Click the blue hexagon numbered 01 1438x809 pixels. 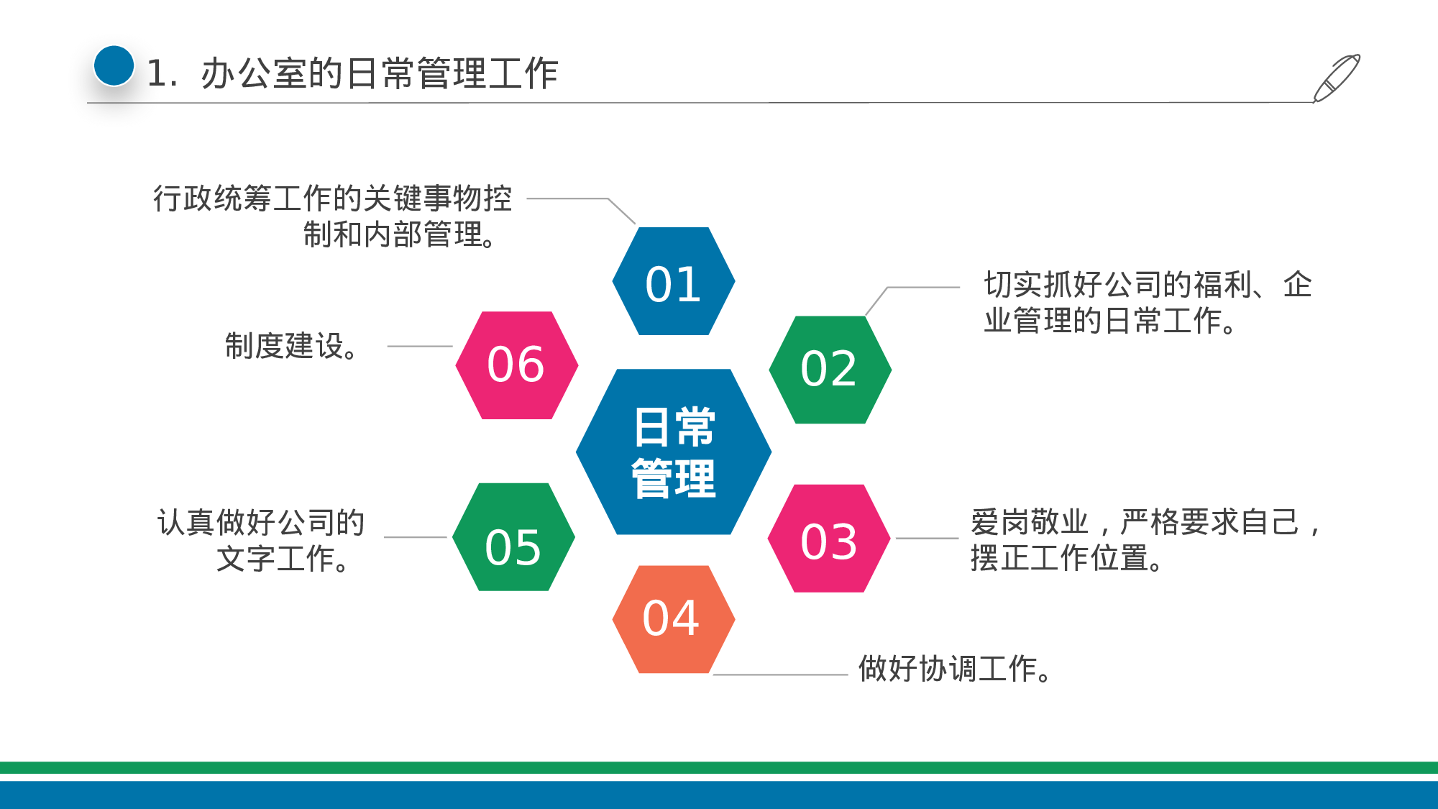tap(673, 282)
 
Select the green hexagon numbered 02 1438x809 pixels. tap(830, 370)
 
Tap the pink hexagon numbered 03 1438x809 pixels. tap(828, 539)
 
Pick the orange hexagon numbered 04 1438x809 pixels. tap(673, 619)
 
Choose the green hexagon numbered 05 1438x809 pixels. tap(513, 538)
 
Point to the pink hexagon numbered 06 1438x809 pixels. tap(516, 365)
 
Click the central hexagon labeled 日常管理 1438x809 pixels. tap(674, 452)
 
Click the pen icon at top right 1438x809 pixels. tap(1337, 78)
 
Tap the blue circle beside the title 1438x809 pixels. tap(114, 65)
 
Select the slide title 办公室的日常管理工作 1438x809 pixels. tap(379, 73)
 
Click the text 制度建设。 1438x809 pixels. tap(291, 346)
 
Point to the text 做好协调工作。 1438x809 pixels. tap(955, 669)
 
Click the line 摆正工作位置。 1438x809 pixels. tap(1066, 558)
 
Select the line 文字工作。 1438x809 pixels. tap(283, 559)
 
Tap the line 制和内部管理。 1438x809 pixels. tap(399, 234)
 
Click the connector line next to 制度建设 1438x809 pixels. tap(419, 346)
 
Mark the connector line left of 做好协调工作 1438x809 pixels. tap(780, 675)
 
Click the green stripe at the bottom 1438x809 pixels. tap(719, 767)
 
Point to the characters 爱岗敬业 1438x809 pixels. tap(1029, 522)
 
